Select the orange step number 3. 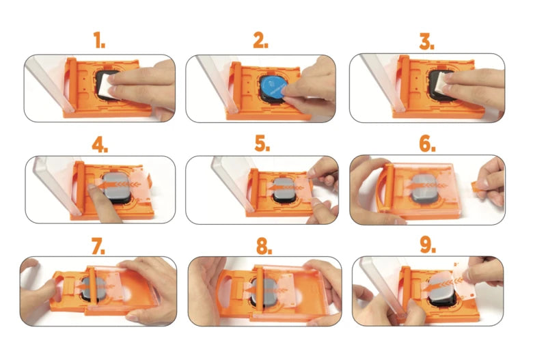pyautogui.click(x=427, y=42)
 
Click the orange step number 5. pyautogui.click(x=262, y=145)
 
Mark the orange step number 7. pyautogui.click(x=100, y=245)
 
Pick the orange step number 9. pyautogui.click(x=428, y=245)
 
